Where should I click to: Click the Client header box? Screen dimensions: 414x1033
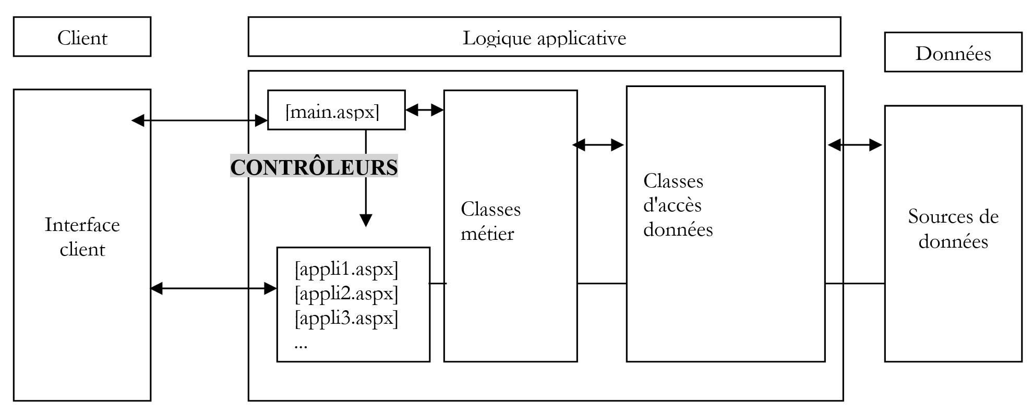pyautogui.click(x=82, y=37)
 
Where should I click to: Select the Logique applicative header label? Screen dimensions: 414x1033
pyautogui.click(x=544, y=38)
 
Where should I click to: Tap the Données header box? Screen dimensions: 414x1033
pyautogui.click(x=953, y=53)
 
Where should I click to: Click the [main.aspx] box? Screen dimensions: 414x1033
pyautogui.click(x=336, y=111)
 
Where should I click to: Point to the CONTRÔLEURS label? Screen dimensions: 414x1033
pyautogui.click(x=314, y=167)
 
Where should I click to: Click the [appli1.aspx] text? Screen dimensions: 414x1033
pyautogui.click(x=346, y=269)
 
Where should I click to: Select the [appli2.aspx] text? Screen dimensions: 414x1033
pyautogui.click(x=346, y=294)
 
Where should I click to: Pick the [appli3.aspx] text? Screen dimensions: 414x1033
pyautogui.click(x=346, y=318)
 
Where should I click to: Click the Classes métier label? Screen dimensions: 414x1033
pyautogui.click(x=490, y=221)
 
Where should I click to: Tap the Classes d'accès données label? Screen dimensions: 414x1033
pyautogui.click(x=678, y=205)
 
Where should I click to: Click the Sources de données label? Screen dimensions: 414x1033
pyautogui.click(x=953, y=228)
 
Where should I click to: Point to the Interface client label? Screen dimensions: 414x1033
pyautogui.click(x=82, y=237)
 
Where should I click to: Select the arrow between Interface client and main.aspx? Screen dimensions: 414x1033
pyautogui.click(x=199, y=121)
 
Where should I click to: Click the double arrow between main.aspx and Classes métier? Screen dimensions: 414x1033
pyautogui.click(x=424, y=109)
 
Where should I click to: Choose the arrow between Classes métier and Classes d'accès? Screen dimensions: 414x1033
pyautogui.click(x=598, y=145)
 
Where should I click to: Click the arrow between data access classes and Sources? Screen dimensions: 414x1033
pyautogui.click(x=855, y=145)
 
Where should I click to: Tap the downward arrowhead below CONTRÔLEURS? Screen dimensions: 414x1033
pyautogui.click(x=366, y=220)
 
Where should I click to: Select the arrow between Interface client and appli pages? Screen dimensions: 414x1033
pyautogui.click(x=213, y=288)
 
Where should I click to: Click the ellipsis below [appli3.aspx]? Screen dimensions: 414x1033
pyautogui.click(x=301, y=346)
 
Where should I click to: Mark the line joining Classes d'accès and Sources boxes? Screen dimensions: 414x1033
pyautogui.click(x=855, y=284)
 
